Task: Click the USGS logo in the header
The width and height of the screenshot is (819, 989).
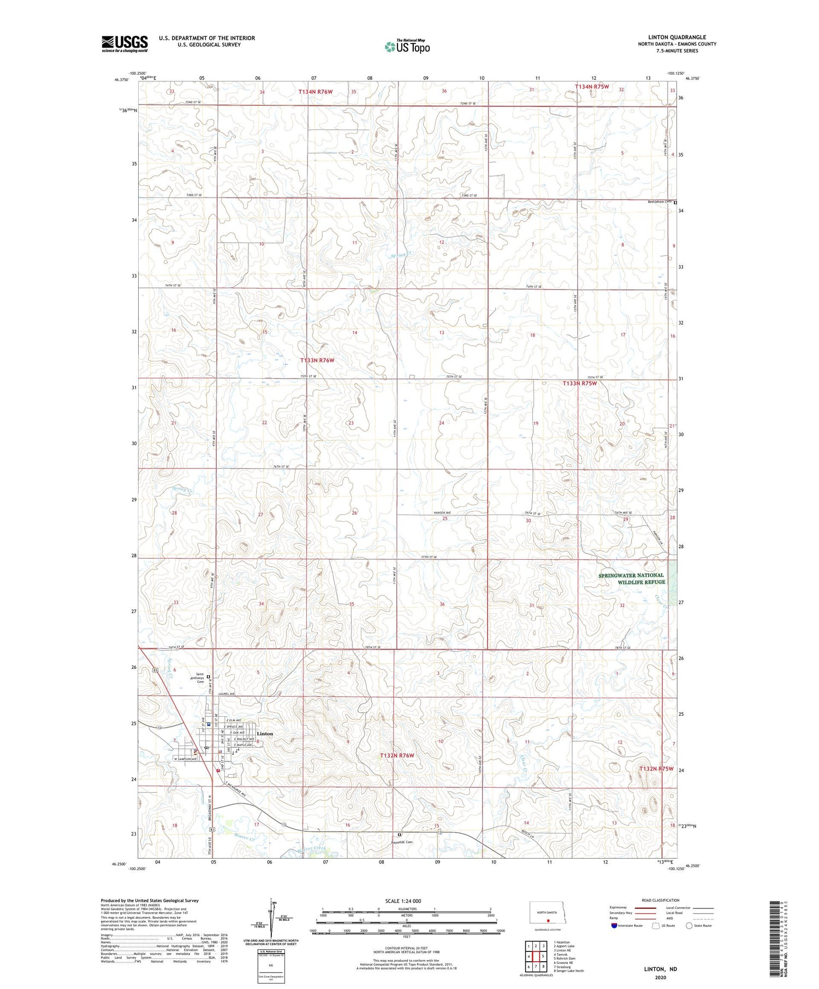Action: click(124, 43)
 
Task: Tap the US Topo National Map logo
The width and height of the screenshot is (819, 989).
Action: click(407, 46)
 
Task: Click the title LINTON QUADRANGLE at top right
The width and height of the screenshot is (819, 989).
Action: click(676, 37)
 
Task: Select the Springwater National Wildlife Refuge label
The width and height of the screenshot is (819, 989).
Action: click(632, 578)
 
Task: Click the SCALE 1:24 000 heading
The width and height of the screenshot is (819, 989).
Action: click(403, 901)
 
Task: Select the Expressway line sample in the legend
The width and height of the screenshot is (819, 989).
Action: click(645, 908)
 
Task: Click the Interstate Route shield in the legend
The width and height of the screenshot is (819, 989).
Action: click(614, 925)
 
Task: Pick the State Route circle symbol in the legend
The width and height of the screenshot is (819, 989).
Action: click(689, 925)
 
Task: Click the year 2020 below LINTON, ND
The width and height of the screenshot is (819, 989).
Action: click(660, 978)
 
